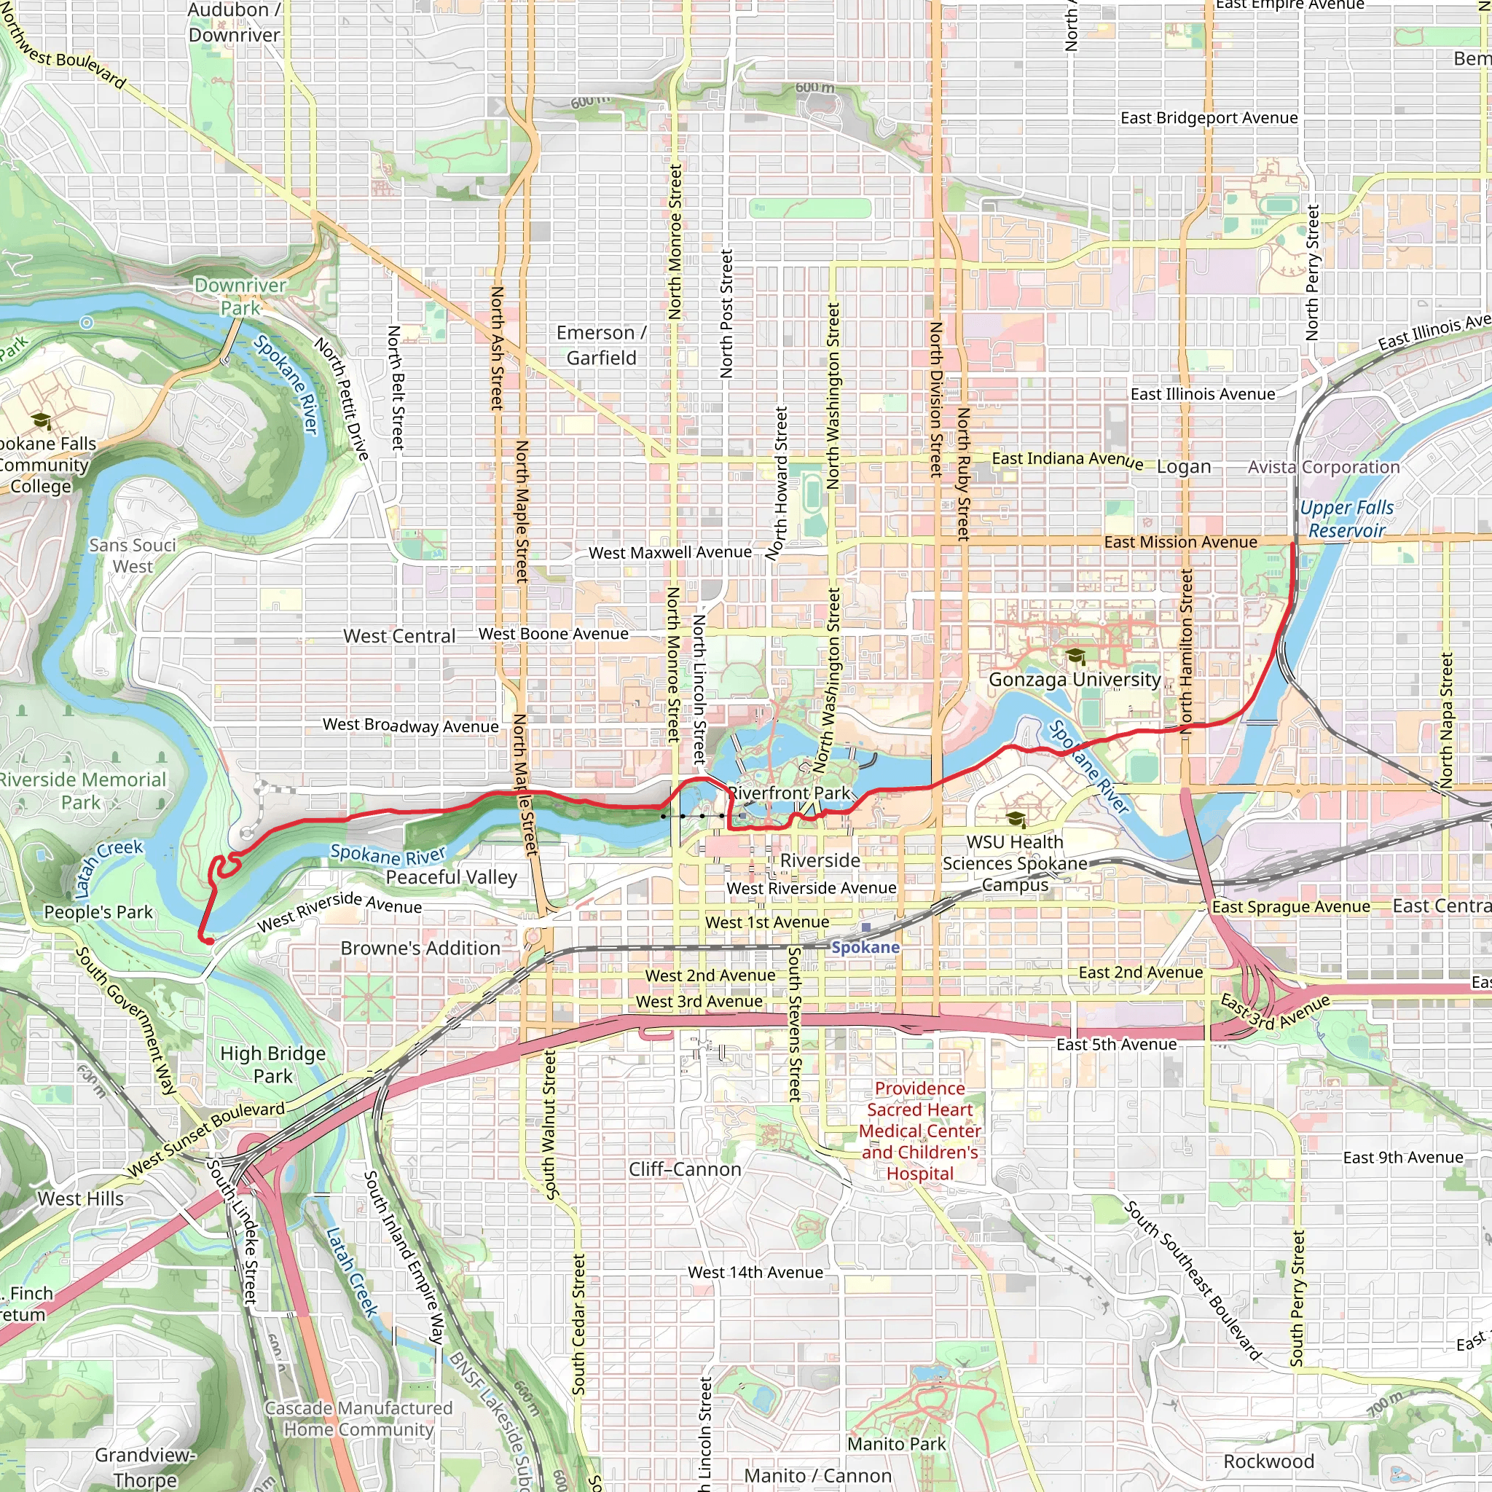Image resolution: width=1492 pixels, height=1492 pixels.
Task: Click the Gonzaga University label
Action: point(1075,680)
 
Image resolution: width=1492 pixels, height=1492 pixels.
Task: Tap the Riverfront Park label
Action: point(788,793)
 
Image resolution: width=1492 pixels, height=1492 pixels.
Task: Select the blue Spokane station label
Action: point(865,948)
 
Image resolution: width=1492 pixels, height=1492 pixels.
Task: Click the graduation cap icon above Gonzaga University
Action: point(1075,656)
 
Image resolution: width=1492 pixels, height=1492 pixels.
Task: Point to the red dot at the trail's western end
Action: point(208,941)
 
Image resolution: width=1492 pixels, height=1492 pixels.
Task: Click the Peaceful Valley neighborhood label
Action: point(451,877)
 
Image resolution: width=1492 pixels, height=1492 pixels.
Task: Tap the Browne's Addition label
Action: point(420,949)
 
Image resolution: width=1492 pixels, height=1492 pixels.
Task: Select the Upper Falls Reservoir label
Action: point(1347,519)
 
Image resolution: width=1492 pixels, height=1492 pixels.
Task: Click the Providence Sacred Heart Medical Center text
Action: point(920,1131)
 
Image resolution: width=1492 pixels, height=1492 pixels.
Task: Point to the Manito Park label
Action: point(896,1444)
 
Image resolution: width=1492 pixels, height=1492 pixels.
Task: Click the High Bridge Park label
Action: point(272,1065)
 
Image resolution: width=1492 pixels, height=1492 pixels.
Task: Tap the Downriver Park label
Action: point(240,297)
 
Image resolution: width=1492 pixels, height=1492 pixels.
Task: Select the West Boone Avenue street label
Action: point(553,634)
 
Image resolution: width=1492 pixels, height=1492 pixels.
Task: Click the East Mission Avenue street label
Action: point(1180,542)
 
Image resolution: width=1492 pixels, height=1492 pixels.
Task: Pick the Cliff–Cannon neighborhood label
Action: point(684,1169)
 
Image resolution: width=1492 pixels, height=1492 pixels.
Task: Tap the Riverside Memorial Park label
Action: point(82,790)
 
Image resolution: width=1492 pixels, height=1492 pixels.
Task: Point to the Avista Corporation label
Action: point(1324,467)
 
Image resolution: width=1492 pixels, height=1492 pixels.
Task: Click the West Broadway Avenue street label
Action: point(410,725)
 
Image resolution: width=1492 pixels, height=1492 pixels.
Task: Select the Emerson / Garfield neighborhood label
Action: point(601,345)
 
